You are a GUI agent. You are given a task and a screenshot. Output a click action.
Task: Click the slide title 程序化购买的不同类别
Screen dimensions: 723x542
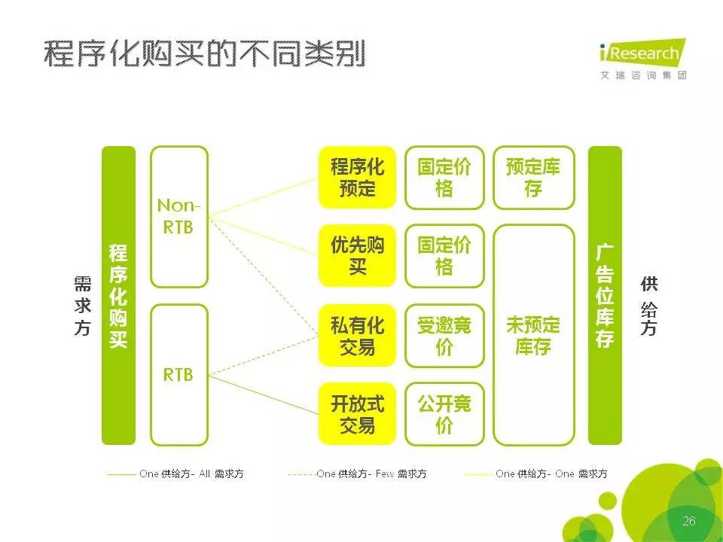click(204, 54)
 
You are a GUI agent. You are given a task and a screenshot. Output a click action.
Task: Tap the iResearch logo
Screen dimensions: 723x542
click(643, 59)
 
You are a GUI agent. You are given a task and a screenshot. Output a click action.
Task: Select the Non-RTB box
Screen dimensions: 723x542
click(179, 217)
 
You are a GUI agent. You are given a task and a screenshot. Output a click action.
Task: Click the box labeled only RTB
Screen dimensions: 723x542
click(179, 375)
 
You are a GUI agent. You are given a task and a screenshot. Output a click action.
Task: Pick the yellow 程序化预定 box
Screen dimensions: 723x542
click(357, 178)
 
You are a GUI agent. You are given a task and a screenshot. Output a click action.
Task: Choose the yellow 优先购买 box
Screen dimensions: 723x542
click(357, 256)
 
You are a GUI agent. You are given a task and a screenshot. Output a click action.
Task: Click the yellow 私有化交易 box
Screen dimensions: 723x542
click(357, 336)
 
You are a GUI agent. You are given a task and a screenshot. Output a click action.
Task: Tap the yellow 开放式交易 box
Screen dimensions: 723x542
click(357, 414)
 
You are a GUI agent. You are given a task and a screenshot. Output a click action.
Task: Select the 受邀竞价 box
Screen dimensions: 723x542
click(444, 336)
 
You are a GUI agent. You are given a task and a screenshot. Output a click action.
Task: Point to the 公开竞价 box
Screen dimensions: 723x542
click(444, 414)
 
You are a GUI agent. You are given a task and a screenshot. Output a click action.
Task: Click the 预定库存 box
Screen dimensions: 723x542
click(533, 178)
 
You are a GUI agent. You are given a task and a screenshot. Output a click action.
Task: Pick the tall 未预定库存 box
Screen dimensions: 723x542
click(533, 335)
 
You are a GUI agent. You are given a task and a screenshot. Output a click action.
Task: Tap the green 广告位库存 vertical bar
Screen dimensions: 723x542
click(605, 295)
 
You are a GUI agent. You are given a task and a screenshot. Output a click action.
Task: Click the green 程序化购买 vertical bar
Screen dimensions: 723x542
click(118, 295)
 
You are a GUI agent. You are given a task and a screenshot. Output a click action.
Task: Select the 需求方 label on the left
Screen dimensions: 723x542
click(83, 306)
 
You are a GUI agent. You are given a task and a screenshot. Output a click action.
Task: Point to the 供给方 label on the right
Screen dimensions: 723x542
click(648, 306)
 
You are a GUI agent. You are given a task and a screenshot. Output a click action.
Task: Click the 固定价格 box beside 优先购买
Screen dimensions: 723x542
click(444, 256)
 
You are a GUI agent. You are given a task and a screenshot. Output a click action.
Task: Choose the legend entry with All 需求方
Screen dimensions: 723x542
click(175, 473)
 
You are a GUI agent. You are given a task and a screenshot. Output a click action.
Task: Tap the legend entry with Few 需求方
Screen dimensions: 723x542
click(357, 473)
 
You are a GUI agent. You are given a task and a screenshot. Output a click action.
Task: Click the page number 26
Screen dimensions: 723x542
click(689, 521)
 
